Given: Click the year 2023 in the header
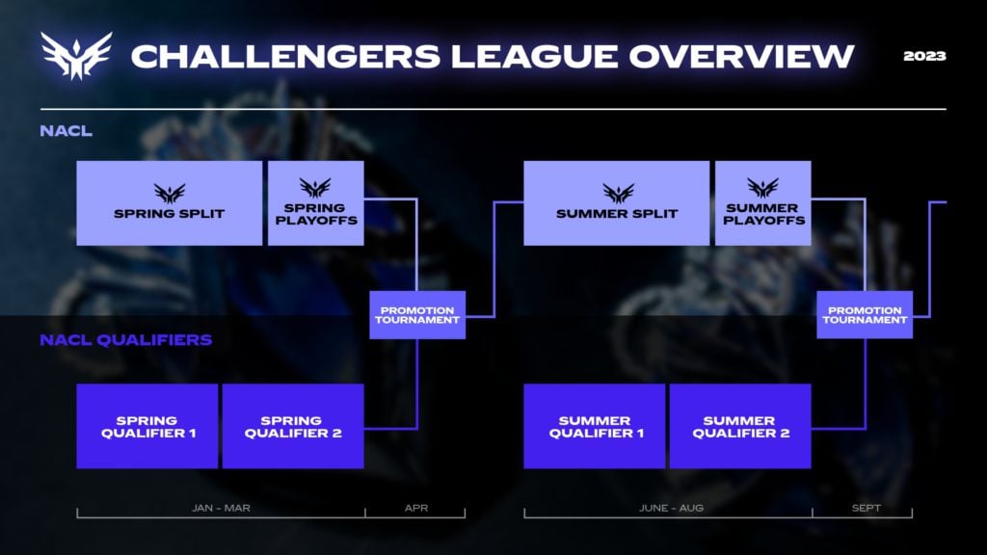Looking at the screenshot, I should [x=924, y=56].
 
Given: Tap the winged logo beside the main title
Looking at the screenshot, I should [x=75, y=55].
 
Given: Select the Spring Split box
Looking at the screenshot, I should [x=169, y=203].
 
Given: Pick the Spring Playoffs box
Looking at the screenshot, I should [x=315, y=203].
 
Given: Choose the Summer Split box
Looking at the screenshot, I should [x=616, y=203].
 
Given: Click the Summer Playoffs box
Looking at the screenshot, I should [x=762, y=203].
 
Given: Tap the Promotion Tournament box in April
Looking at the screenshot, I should [x=417, y=315].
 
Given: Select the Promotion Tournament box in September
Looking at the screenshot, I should [x=865, y=315].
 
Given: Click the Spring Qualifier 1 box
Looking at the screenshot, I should [x=147, y=427].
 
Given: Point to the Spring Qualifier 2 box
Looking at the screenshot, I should [x=293, y=427].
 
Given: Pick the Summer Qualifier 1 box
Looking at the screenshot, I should [x=594, y=427].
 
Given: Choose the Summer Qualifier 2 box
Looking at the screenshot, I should [x=740, y=427].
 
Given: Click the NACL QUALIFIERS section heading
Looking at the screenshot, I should [x=125, y=340].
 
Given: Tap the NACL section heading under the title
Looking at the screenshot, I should [x=66, y=131].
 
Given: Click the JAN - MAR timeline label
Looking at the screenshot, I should [x=221, y=507].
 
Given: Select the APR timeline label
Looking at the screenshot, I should [x=416, y=507].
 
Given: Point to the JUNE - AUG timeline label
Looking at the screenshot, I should [x=668, y=507].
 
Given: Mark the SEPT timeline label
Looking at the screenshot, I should [x=866, y=507].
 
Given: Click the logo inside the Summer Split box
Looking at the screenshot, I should [x=618, y=193].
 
